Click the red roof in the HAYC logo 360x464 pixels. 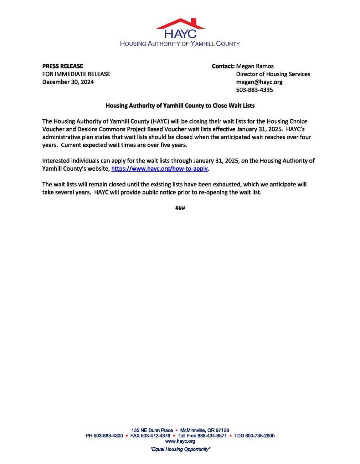[180, 24]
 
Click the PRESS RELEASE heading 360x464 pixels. [63, 66]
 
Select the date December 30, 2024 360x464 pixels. [68, 82]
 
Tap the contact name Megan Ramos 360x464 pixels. [255, 66]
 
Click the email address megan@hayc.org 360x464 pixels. [259, 82]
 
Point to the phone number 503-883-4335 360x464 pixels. [254, 90]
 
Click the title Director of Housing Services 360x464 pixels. [273, 74]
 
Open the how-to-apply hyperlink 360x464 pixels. [159, 169]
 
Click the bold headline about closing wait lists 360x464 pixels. [180, 105]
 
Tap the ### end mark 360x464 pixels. [180, 208]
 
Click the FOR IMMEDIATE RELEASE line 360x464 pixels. [76, 74]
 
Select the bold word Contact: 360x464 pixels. [223, 66]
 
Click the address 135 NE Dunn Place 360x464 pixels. [152, 431]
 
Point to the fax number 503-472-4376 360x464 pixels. [155, 436]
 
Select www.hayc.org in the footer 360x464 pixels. [180, 441]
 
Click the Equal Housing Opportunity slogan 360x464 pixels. [180, 449]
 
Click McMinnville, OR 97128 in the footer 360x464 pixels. [205, 431]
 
